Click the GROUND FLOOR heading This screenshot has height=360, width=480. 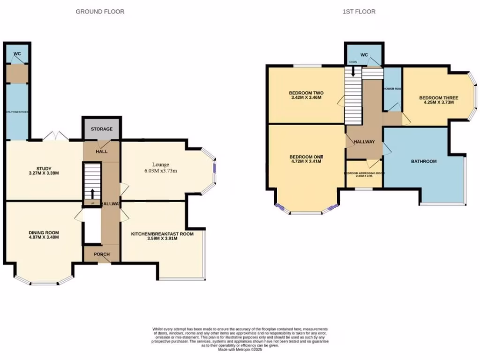click(100, 11)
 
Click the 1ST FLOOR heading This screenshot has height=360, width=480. click(359, 11)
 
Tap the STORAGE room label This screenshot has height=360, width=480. click(102, 129)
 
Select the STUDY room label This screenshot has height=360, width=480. click(44, 169)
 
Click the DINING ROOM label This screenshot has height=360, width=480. click(44, 232)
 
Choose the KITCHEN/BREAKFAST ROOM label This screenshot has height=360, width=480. click(162, 233)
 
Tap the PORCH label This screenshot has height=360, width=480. click(102, 255)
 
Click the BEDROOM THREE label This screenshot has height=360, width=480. click(438, 98)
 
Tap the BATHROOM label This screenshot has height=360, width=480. click(424, 161)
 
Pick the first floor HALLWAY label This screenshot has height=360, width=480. click(364, 142)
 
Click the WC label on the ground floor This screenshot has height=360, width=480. click(17, 54)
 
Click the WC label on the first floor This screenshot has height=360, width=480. click(364, 54)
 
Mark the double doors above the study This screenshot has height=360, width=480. click(55, 136)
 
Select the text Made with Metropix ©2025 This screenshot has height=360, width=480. click(240, 349)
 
